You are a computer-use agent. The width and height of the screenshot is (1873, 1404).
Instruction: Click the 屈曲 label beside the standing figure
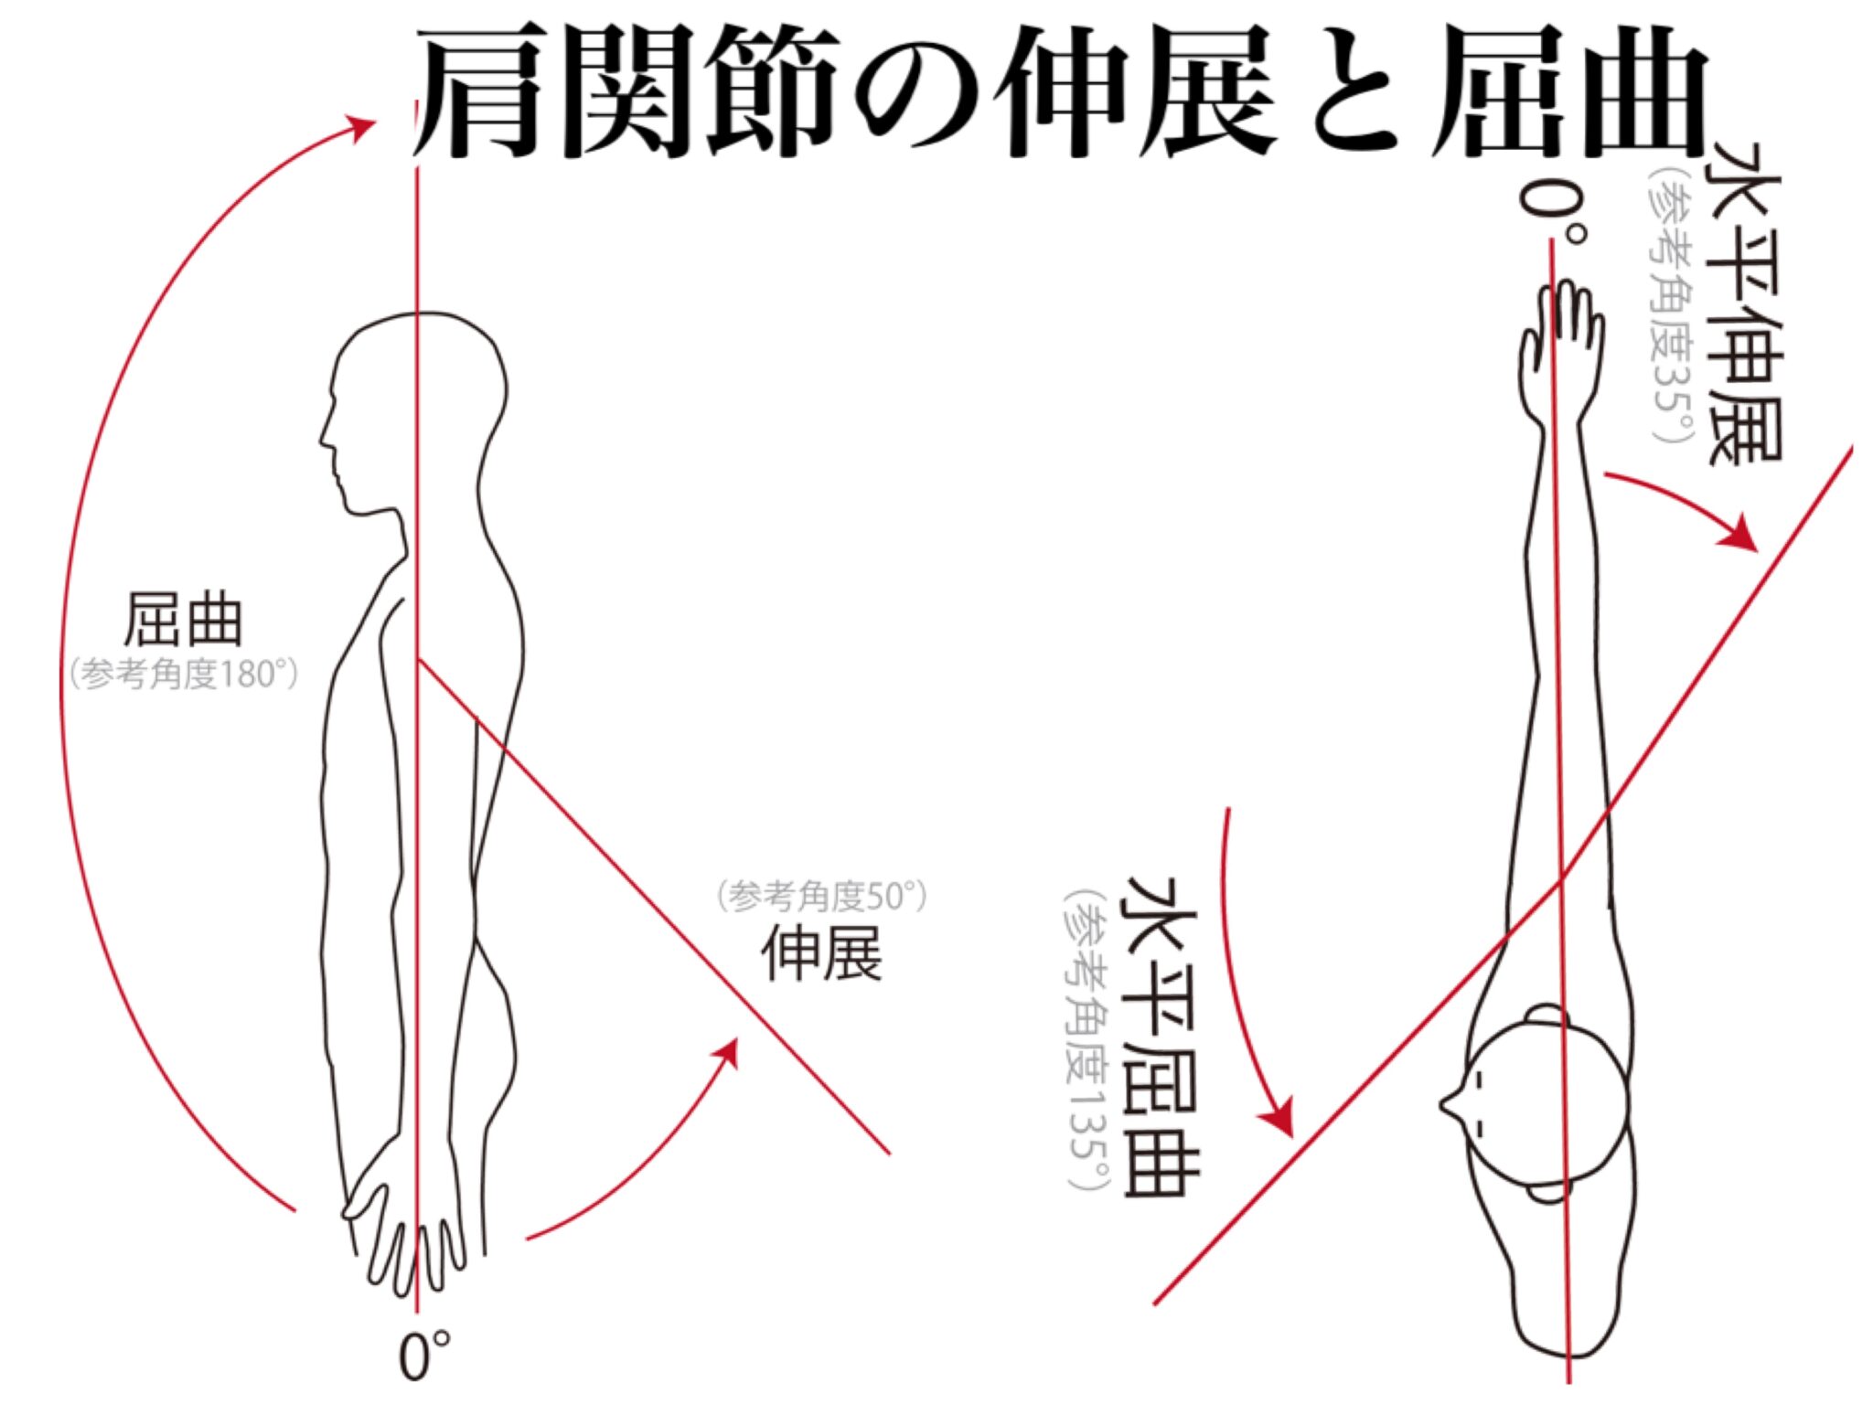pos(183,620)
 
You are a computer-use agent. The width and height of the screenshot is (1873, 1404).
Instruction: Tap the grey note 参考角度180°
pos(184,675)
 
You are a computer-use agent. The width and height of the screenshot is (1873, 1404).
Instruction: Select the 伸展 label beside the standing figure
pos(822,954)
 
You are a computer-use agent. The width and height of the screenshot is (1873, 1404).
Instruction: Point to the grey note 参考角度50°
pos(822,897)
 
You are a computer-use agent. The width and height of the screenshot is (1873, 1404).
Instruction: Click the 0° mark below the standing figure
pos(425,1356)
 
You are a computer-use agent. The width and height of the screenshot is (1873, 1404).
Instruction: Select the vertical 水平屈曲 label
pos(1161,1036)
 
